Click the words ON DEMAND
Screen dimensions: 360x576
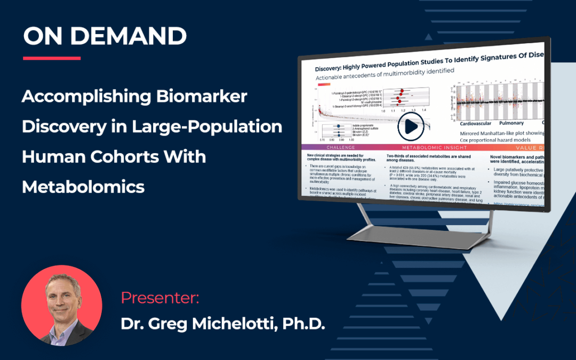point(105,36)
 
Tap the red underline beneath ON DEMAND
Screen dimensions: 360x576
point(52,58)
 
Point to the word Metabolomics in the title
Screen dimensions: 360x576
point(83,187)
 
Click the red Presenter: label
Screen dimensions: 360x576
point(160,298)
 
